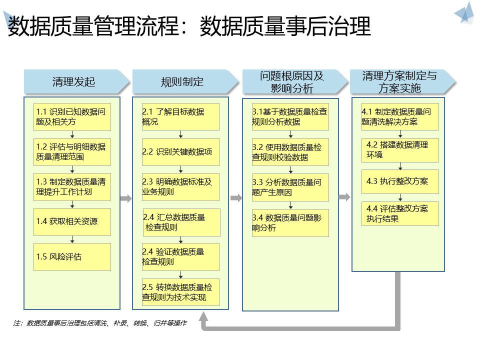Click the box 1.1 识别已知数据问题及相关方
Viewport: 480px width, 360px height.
(x=72, y=117)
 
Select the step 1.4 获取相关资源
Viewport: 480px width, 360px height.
(x=72, y=222)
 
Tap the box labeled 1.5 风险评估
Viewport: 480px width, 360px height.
(x=72, y=257)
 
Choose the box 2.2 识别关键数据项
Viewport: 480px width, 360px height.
(x=180, y=152)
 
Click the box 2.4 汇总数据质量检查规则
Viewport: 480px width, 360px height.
(x=180, y=222)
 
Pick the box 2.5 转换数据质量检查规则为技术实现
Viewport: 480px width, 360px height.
(x=180, y=292)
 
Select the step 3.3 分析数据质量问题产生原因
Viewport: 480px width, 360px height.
(x=290, y=187)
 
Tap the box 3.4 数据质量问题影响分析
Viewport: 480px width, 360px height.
(x=290, y=223)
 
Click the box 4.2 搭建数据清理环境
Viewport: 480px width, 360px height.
(x=400, y=150)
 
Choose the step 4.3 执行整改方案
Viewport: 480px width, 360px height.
(x=400, y=181)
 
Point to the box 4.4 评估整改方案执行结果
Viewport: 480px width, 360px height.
(x=400, y=213)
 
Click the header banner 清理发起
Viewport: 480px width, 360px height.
(x=75, y=82)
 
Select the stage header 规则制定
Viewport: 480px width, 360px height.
(x=183, y=82)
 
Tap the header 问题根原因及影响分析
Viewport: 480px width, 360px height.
(x=293, y=82)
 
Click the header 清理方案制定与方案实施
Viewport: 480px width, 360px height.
(x=400, y=82)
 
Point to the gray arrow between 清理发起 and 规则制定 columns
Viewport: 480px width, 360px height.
(x=126, y=198)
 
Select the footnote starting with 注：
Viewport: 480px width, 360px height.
(x=100, y=323)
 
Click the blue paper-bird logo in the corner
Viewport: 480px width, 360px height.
(x=464, y=13)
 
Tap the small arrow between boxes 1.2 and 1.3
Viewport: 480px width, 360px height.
(x=72, y=170)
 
